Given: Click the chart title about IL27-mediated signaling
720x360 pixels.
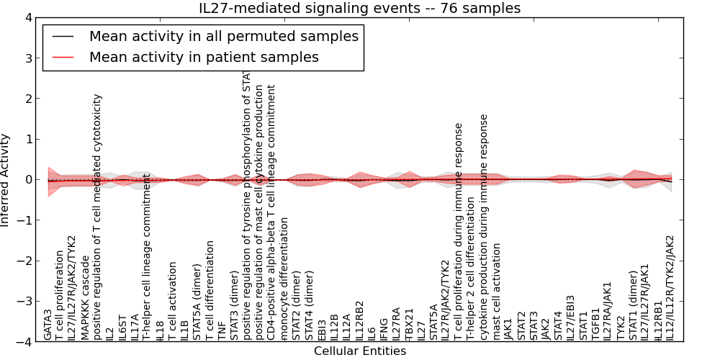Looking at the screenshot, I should pyautogui.click(x=359, y=8).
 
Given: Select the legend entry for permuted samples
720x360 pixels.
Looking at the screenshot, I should pyautogui.click(x=223, y=36).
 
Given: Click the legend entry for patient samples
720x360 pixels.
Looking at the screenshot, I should pyautogui.click(x=204, y=57).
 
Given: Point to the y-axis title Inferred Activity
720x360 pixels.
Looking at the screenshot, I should pyautogui.click(x=6, y=179).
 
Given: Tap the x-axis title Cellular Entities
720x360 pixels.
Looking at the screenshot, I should pyautogui.click(x=359, y=351).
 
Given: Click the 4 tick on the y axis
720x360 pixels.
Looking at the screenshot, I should pyautogui.click(x=29, y=17).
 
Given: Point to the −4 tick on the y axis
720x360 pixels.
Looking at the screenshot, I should pyautogui.click(x=26, y=341).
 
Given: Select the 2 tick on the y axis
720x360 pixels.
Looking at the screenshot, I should pyautogui.click(x=29, y=99).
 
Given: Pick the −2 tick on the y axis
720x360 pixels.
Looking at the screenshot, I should pyautogui.click(x=26, y=261).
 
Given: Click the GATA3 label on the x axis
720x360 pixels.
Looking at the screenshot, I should pyautogui.click(x=48, y=324).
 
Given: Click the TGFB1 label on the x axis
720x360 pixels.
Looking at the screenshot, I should pyautogui.click(x=595, y=323).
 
